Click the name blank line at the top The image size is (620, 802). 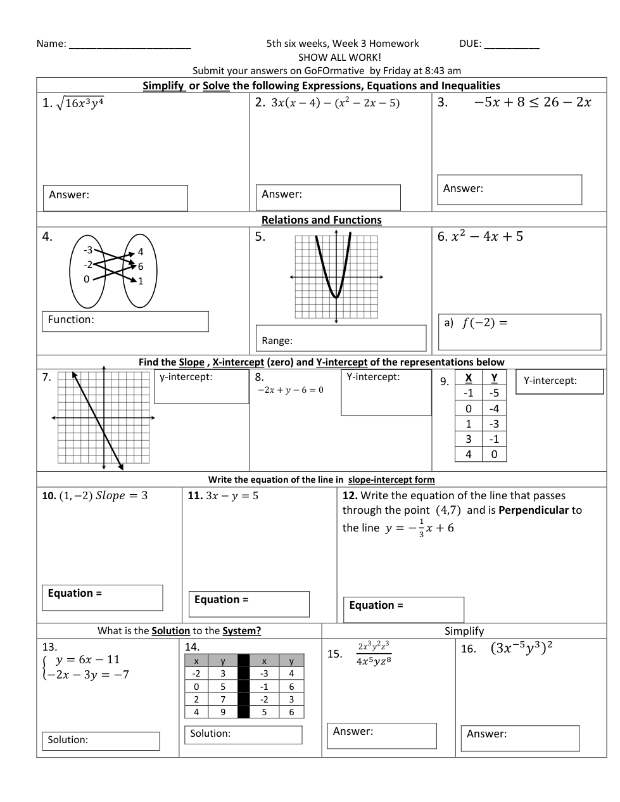click(130, 44)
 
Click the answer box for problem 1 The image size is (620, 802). click(115, 198)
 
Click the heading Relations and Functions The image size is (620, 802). click(322, 220)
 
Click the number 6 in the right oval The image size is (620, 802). click(141, 266)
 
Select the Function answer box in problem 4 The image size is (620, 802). click(125, 321)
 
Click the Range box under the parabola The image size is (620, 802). click(341, 338)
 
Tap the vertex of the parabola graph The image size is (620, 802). click(336, 297)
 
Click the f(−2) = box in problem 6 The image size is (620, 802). click(519, 331)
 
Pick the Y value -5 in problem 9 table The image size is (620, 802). click(494, 393)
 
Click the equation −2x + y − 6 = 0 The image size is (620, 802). click(290, 390)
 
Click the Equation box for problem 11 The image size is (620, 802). click(249, 604)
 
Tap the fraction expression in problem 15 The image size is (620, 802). click(374, 653)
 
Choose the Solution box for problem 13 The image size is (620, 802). click(101, 741)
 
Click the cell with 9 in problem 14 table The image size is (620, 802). click(223, 712)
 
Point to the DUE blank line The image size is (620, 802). click(512, 44)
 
